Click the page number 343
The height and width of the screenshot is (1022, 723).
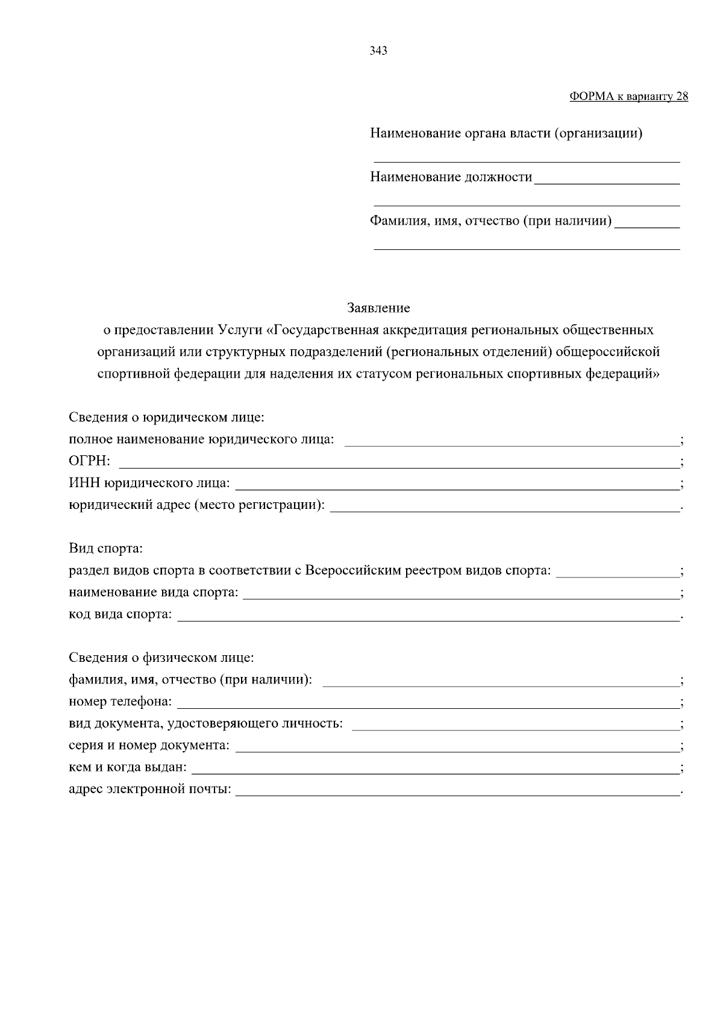pos(378,51)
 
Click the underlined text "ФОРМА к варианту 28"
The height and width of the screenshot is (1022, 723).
pos(628,96)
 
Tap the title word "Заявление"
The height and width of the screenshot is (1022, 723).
pos(378,308)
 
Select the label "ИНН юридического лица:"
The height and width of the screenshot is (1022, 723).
pos(149,483)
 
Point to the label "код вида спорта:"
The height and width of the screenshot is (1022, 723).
pos(120,614)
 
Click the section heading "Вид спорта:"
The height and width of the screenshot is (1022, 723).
pos(105,549)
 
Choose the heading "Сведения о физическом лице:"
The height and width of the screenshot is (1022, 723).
pos(161,658)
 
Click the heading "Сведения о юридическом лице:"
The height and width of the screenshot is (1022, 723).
pos(167,417)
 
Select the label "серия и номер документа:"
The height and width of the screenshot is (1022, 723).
pos(149,746)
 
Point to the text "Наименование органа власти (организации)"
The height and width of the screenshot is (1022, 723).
pos(506,134)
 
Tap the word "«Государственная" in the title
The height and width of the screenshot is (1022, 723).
pos(327,330)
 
